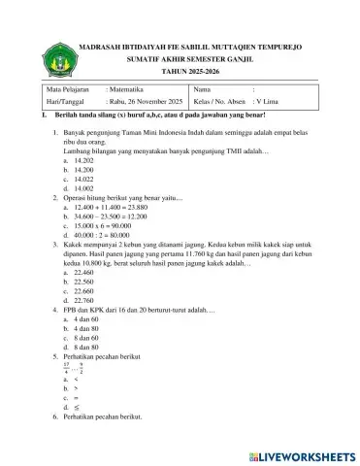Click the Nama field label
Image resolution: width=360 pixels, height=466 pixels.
204,88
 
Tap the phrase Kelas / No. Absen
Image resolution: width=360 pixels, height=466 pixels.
219,102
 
